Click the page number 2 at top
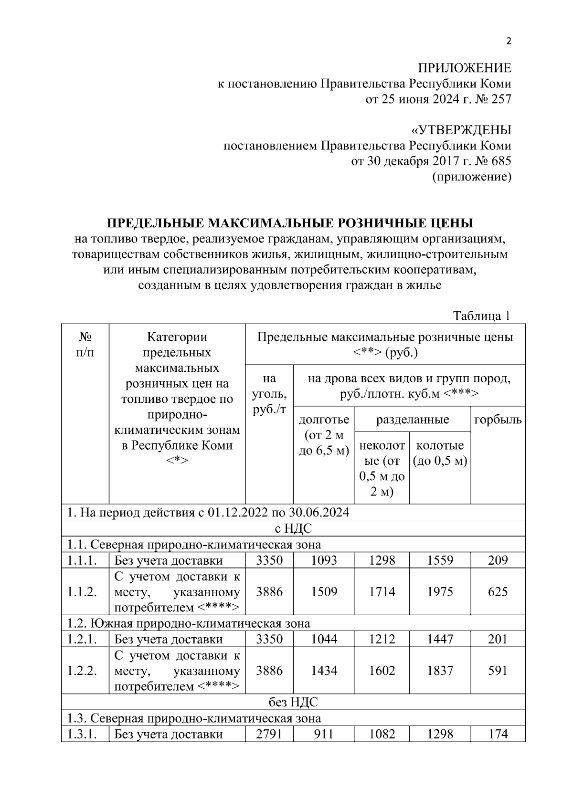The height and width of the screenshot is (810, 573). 509,41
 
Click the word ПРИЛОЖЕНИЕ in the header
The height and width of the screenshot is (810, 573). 465,68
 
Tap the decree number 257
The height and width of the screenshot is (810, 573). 501,99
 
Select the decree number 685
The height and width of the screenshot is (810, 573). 501,161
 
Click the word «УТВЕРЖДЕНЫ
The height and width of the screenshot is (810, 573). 461,130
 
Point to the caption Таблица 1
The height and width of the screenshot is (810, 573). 482,316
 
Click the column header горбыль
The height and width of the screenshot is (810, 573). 498,420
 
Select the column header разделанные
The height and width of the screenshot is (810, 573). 413,420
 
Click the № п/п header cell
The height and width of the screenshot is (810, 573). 85,345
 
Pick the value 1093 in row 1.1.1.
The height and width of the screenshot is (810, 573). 324,560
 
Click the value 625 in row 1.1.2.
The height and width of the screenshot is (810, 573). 498,592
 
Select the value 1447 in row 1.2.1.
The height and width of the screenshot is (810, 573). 440,639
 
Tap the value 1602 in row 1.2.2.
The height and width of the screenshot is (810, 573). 382,671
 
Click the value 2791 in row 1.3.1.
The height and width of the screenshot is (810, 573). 269,734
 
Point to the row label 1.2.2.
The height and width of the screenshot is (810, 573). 82,671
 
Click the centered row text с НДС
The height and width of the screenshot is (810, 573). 293,528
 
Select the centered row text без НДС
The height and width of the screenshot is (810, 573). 293,703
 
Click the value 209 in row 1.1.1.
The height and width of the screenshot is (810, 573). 498,560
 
